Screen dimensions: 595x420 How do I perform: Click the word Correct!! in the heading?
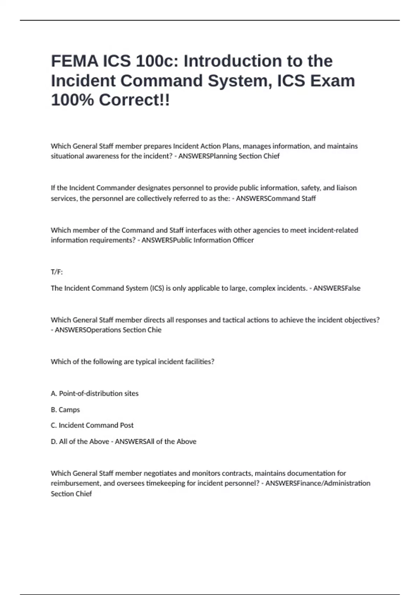point(134,100)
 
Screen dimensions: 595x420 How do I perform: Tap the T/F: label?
point(57,272)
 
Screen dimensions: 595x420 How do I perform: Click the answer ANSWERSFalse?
point(337,288)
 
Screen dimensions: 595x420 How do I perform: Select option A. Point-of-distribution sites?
point(94,393)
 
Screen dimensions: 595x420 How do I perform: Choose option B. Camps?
point(65,409)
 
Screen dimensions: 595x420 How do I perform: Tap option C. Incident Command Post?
point(92,425)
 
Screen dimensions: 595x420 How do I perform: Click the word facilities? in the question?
point(199,362)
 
